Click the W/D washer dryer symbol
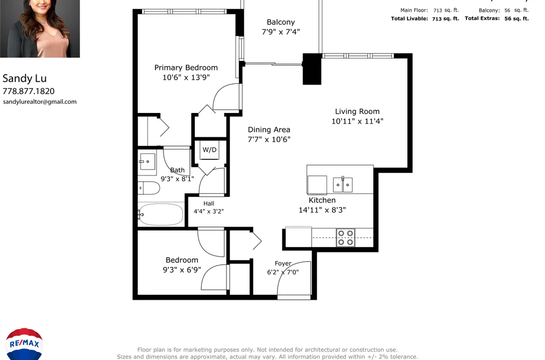(210, 150)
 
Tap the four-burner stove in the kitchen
(345, 238)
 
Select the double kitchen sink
(343, 185)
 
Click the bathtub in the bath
(160, 214)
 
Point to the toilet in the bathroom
(149, 188)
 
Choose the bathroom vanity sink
(147, 161)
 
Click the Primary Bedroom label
(186, 68)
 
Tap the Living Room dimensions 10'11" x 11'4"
(357, 121)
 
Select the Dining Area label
(269, 130)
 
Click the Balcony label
(281, 22)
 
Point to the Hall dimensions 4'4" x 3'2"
(209, 211)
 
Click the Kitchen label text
(322, 200)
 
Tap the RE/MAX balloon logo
(24, 344)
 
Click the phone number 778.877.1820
(29, 91)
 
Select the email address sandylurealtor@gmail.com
(40, 102)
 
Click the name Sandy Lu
(25, 79)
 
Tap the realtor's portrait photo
(40, 29)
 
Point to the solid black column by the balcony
(312, 69)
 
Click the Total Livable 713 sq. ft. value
(445, 19)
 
